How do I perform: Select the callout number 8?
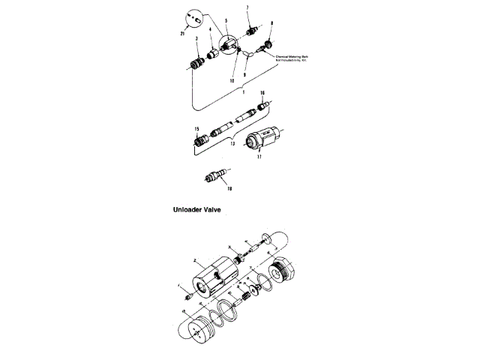pyautogui.click(x=271, y=23)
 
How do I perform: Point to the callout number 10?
pyautogui.click(x=232, y=79)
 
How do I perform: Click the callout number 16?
pyautogui.click(x=263, y=93)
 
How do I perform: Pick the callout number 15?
pyautogui.click(x=196, y=128)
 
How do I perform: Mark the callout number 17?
pyautogui.click(x=259, y=158)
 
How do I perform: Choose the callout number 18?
pyautogui.click(x=220, y=189)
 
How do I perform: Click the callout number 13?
pyautogui.click(x=232, y=142)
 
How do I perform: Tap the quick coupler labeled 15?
pyautogui.click(x=199, y=139)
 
